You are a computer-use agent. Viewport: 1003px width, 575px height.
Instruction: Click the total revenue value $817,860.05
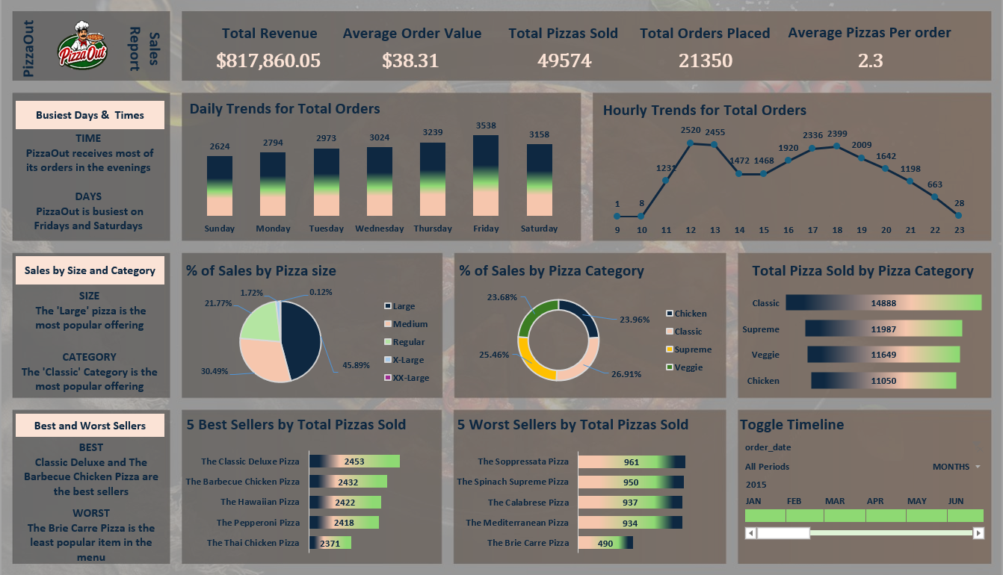(x=268, y=60)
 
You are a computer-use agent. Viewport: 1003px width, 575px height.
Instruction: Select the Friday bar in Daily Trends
(x=486, y=175)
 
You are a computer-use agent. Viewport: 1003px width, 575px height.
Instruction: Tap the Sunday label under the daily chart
(x=219, y=229)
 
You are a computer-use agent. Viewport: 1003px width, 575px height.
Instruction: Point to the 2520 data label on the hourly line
(x=691, y=130)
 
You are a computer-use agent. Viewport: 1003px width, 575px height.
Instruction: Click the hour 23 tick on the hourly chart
(x=959, y=230)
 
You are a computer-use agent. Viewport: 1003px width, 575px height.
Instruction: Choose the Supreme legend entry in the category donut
(x=692, y=349)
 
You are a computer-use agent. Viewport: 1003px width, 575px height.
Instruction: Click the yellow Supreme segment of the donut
(x=532, y=358)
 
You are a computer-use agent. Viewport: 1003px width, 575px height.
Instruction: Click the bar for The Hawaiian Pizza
(x=345, y=503)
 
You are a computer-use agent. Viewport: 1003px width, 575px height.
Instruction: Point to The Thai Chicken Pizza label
(x=253, y=543)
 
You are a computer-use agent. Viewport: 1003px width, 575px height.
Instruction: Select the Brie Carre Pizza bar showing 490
(x=605, y=543)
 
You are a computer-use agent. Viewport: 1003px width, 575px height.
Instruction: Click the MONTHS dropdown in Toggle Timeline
(x=956, y=467)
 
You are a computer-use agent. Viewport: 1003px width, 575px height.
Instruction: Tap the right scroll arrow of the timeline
(x=978, y=533)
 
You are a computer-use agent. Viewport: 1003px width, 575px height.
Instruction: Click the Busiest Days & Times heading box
(x=90, y=115)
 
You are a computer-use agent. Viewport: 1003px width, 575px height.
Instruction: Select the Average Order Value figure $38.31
(x=410, y=60)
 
